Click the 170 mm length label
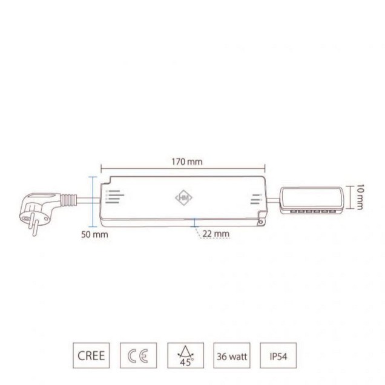click(186, 162)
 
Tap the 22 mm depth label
click(217, 232)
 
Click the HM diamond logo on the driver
click(182, 197)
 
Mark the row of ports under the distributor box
click(313, 212)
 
